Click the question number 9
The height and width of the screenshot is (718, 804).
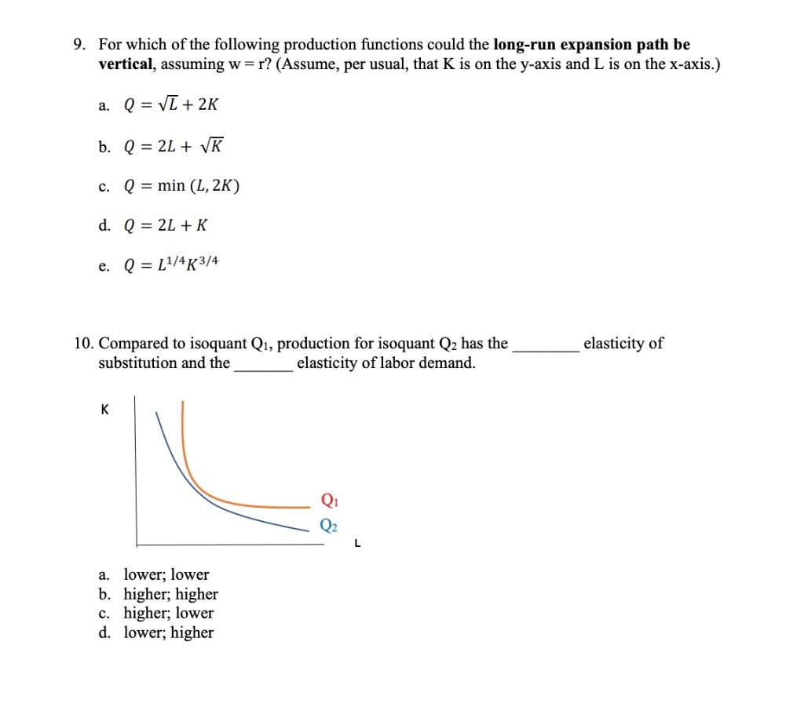click(x=79, y=46)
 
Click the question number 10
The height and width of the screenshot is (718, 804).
click(x=83, y=344)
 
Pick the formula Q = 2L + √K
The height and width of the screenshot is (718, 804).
click(x=174, y=145)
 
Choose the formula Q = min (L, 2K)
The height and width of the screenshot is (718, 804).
click(x=182, y=186)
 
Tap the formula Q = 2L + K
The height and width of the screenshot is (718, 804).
click(x=166, y=226)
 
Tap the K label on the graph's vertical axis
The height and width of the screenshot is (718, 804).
click(x=104, y=409)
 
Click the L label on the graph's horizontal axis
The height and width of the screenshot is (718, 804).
click(x=357, y=541)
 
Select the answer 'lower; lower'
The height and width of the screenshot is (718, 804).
click(x=166, y=574)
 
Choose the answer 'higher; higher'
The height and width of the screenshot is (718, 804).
click(x=171, y=594)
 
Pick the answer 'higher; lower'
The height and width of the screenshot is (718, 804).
click(x=169, y=613)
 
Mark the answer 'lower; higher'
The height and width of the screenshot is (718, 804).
click(x=169, y=632)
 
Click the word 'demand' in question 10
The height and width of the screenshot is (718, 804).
click(x=448, y=363)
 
